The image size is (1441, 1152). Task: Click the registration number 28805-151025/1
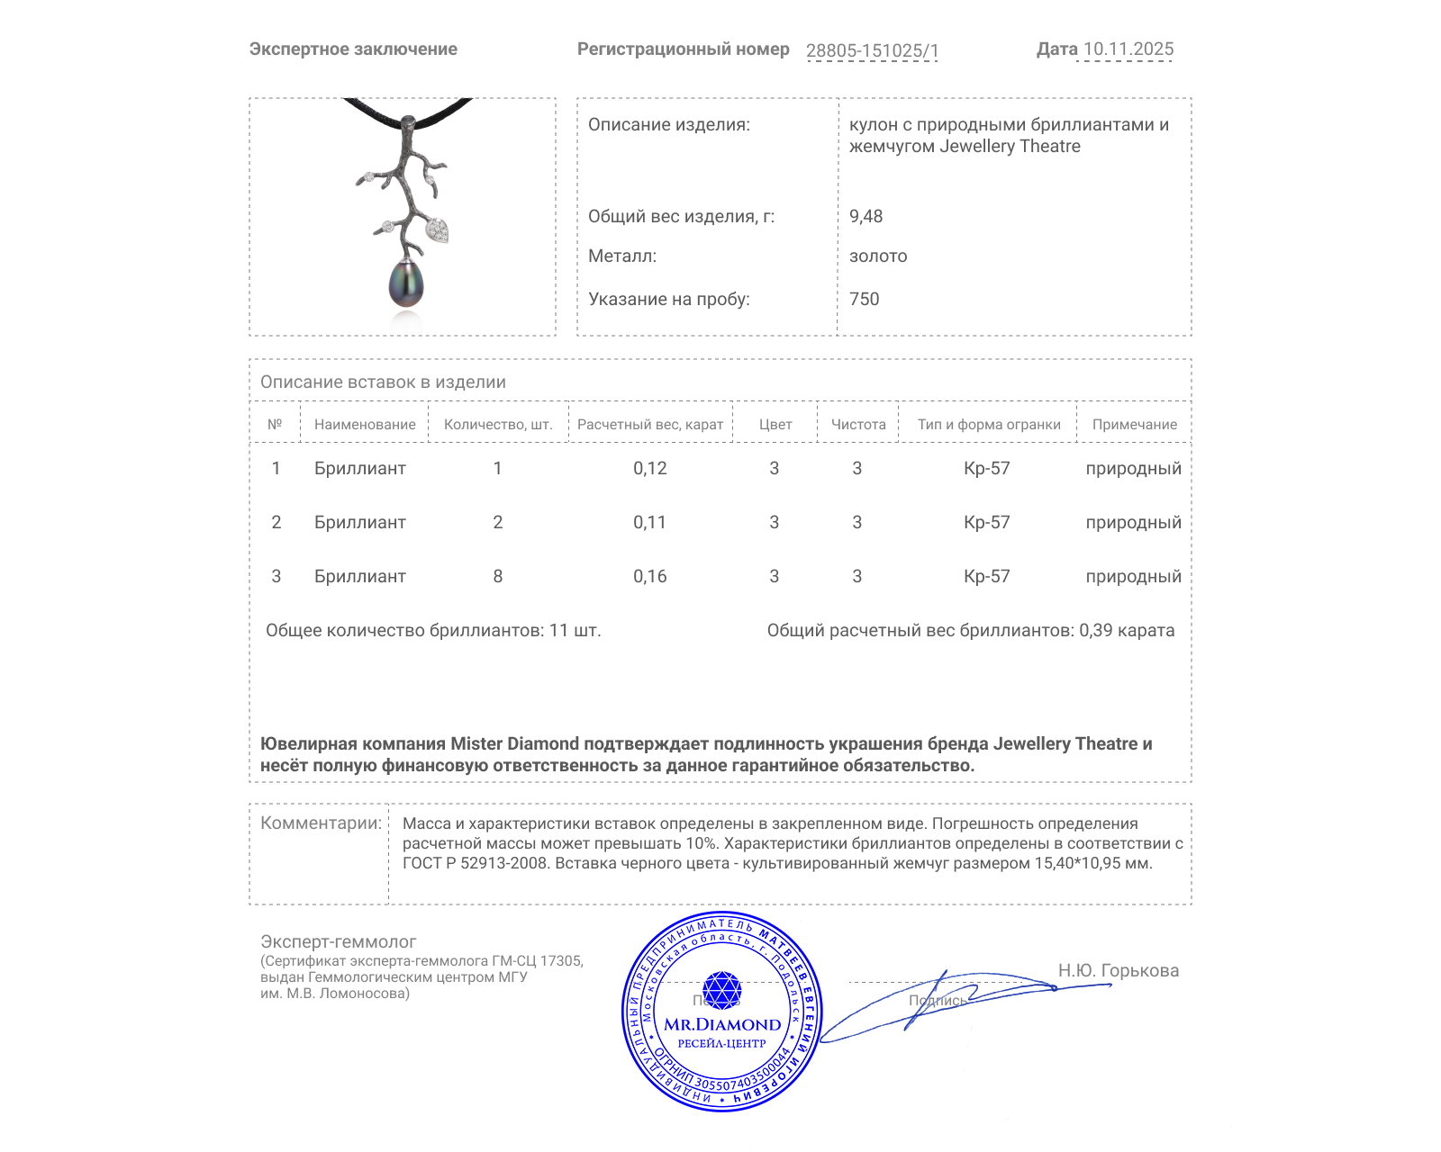[872, 50]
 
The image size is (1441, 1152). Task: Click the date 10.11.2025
[1128, 49]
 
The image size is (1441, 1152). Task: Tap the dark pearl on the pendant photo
[406, 283]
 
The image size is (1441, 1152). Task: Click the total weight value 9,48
[866, 216]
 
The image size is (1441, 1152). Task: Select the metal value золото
[878, 256]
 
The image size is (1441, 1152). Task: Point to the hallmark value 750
[864, 299]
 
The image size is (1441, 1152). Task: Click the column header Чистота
[857, 424]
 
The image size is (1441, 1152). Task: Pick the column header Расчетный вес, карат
[649, 424]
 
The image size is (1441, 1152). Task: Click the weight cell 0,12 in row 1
[649, 468]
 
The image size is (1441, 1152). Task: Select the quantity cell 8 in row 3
[497, 576]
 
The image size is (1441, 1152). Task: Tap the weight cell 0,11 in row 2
[649, 522]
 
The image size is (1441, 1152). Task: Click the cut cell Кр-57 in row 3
[986, 576]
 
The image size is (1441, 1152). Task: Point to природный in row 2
[1133, 522]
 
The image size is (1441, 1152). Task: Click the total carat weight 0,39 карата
[1126, 630]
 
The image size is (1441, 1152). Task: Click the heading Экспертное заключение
[353, 49]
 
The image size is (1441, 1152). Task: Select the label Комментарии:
[321, 823]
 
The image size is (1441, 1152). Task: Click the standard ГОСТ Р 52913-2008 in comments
[475, 863]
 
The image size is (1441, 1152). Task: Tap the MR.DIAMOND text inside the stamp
[722, 1024]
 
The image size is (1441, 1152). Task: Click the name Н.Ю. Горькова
[1118, 970]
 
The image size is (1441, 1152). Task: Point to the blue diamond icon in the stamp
[721, 990]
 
